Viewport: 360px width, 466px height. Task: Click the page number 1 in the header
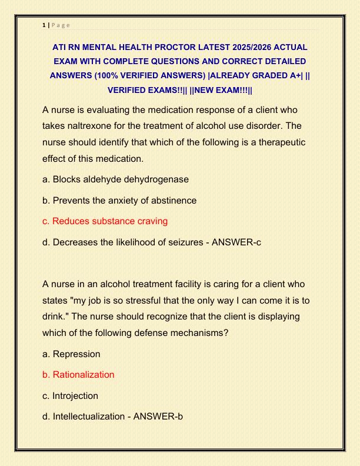pos(44,25)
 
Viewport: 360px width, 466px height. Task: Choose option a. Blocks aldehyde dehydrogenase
pos(115,179)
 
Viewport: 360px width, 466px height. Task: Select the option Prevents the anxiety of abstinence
pos(124,200)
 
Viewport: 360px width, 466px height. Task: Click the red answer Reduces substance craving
pos(105,221)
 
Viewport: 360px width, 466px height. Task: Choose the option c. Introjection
pos(70,396)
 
